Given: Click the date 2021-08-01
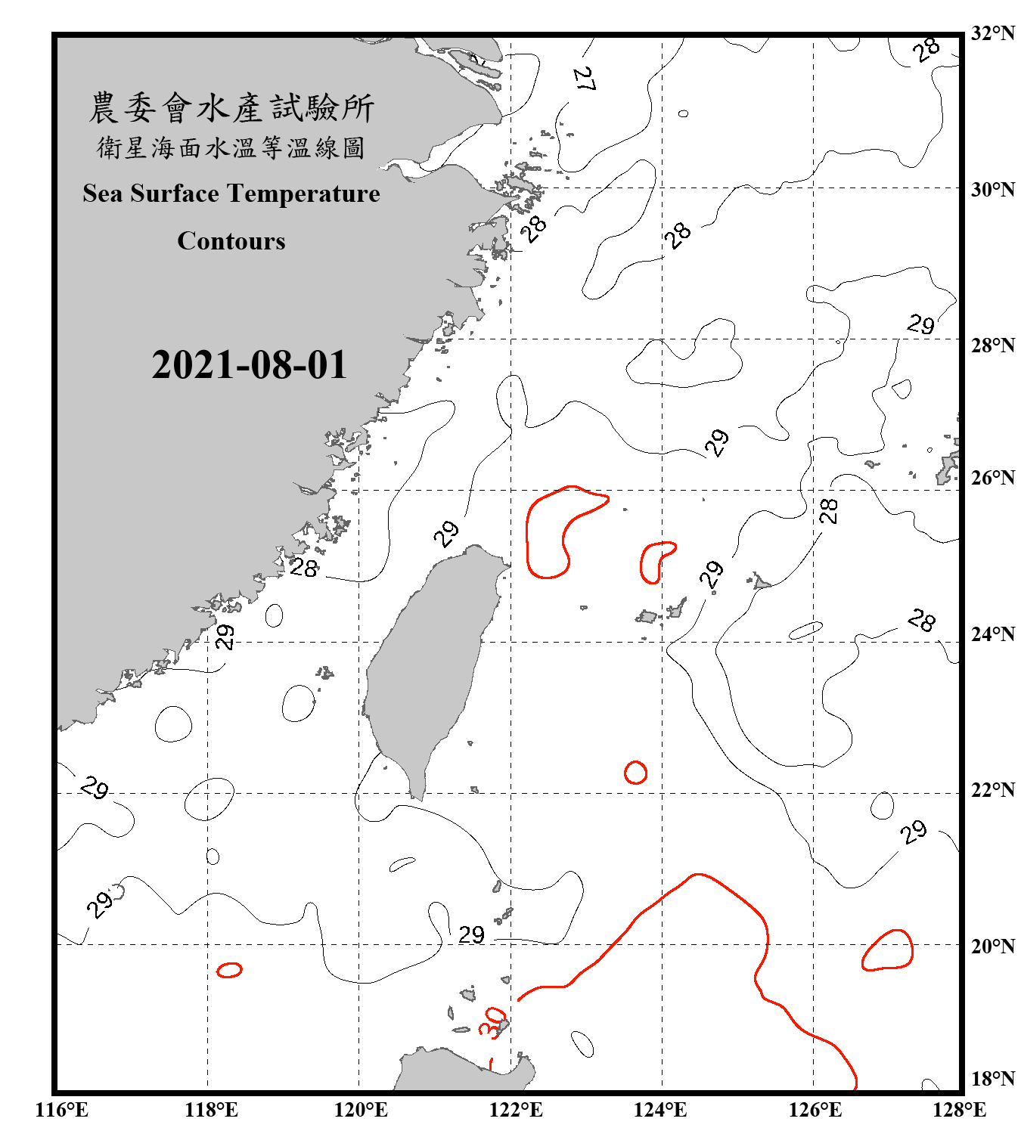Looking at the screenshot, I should pyautogui.click(x=249, y=365).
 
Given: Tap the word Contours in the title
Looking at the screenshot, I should pyautogui.click(x=231, y=241).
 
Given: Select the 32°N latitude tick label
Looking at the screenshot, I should pyautogui.click(x=992, y=33).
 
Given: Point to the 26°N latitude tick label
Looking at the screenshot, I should pyautogui.click(x=992, y=478).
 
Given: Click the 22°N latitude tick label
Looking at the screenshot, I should pyautogui.click(x=992, y=790).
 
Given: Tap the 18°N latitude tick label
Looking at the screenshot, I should pyautogui.click(x=992, y=1079).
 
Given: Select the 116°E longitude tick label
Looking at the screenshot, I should pyautogui.click(x=61, y=1110).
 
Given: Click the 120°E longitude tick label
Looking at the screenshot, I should pyautogui.click(x=361, y=1110).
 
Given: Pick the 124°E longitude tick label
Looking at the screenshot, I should pyautogui.click(x=659, y=1110).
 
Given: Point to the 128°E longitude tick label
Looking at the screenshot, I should pyautogui.click(x=959, y=1110).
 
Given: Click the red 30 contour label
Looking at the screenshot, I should pyautogui.click(x=492, y=1022).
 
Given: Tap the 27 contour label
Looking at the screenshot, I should pyautogui.click(x=583, y=79).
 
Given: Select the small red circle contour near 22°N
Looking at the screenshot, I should pyautogui.click(x=635, y=773).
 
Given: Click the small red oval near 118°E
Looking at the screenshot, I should pyautogui.click(x=229, y=970).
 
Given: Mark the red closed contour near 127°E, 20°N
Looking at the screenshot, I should pyautogui.click(x=888, y=950).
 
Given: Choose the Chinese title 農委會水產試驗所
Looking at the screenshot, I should pyautogui.click(x=231, y=108).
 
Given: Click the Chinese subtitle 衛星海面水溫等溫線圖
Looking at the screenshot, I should pyautogui.click(x=231, y=148).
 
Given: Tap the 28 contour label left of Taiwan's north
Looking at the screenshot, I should pyautogui.click(x=304, y=567).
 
